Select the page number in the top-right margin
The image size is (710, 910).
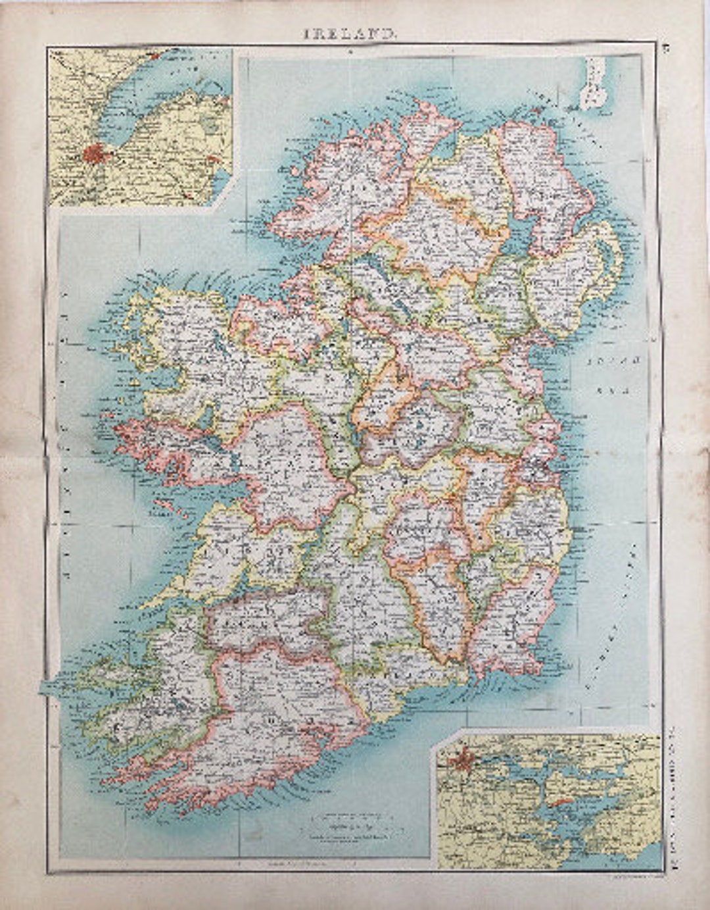[x=665, y=47]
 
